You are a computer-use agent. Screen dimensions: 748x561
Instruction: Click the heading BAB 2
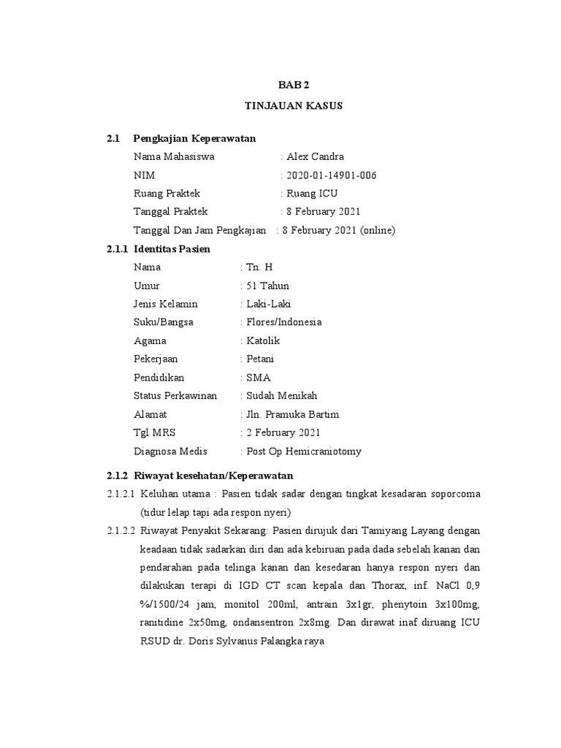(x=292, y=85)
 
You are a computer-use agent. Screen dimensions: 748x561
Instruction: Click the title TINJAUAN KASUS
(x=292, y=106)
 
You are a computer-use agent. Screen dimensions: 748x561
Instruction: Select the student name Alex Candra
(x=316, y=157)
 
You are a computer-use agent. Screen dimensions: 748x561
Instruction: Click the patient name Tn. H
(x=259, y=267)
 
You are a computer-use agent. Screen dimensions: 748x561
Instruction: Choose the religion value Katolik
(x=263, y=341)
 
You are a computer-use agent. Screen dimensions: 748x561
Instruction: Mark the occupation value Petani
(x=261, y=359)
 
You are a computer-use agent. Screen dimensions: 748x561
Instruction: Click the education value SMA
(x=259, y=378)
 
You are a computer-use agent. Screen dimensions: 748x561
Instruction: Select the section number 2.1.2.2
(x=121, y=530)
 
